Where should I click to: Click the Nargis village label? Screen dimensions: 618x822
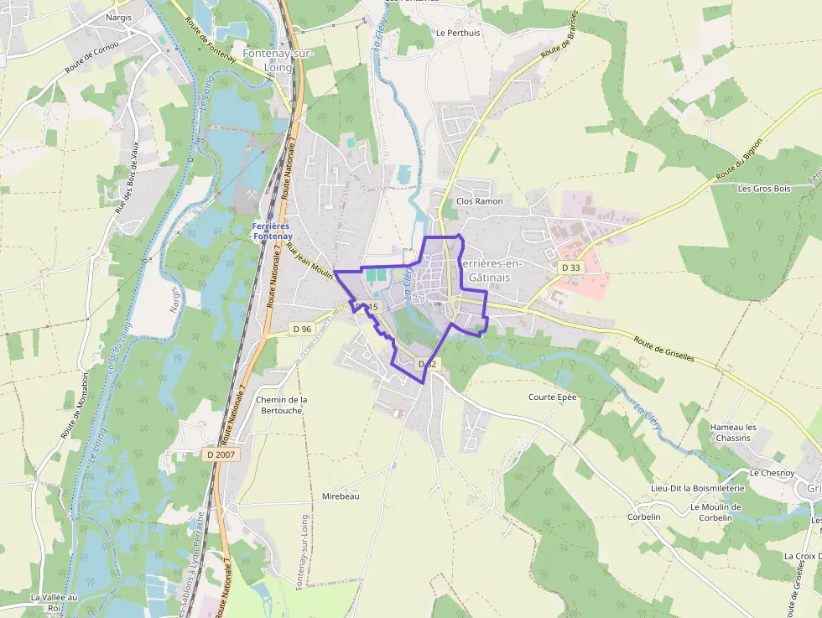[119, 17]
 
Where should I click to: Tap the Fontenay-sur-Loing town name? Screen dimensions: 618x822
[268, 60]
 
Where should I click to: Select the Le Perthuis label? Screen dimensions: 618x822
[458, 34]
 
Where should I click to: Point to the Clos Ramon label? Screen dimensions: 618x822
[479, 201]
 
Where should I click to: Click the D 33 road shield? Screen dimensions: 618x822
[570, 267]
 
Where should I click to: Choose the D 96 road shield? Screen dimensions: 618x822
[302, 329]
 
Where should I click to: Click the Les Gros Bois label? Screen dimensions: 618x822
[764, 189]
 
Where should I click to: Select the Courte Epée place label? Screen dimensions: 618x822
[552, 397]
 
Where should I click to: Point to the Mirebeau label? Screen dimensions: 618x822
[341, 496]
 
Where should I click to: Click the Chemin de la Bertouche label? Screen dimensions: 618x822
[281, 405]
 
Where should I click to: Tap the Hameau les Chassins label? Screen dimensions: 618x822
[733, 433]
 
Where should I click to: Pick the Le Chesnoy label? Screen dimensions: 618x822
[772, 473]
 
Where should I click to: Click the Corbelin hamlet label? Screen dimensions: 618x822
[644, 517]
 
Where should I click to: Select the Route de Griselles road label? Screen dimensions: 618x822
[663, 349]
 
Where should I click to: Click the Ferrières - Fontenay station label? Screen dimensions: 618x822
[270, 231]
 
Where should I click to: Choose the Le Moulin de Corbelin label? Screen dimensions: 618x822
[715, 512]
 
